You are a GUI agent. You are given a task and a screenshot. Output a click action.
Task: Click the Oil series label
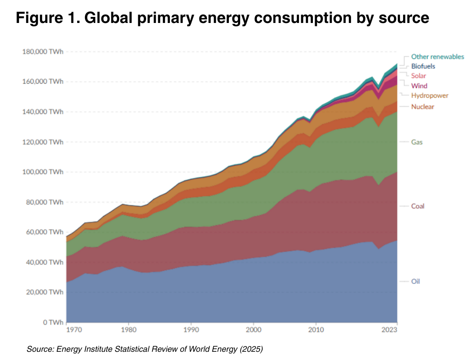click(x=416, y=282)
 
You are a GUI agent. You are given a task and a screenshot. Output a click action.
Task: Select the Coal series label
click(x=418, y=206)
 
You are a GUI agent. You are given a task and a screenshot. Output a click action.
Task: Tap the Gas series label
click(x=416, y=142)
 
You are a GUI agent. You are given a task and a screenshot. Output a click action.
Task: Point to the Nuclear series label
click(x=423, y=107)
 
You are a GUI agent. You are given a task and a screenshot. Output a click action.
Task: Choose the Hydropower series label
click(x=429, y=96)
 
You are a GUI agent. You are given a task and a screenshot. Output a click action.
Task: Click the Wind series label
click(x=419, y=86)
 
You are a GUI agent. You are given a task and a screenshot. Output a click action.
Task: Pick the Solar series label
click(x=419, y=76)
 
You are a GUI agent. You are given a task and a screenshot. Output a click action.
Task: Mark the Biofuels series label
click(x=423, y=66)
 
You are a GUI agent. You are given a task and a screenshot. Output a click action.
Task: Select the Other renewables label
click(x=437, y=57)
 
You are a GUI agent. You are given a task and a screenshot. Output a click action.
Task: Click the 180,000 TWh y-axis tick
click(x=43, y=52)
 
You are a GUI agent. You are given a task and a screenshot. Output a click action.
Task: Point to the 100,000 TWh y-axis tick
click(x=43, y=172)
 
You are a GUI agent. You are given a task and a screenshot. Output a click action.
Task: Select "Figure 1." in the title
click(x=47, y=19)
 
